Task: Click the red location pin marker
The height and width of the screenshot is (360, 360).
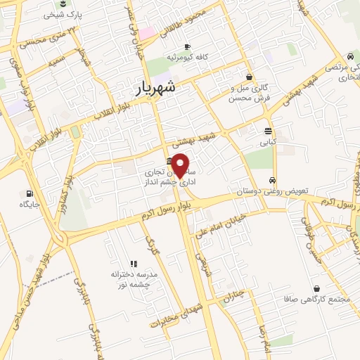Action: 181,165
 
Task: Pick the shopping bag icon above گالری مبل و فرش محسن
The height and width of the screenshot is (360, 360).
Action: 250,77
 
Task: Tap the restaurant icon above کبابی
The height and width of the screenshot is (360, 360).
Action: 269,131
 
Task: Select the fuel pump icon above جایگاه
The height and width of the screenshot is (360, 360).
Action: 29,193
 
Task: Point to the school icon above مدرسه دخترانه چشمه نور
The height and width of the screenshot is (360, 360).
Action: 134,263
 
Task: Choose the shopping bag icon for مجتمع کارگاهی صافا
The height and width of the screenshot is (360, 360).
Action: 316,288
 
